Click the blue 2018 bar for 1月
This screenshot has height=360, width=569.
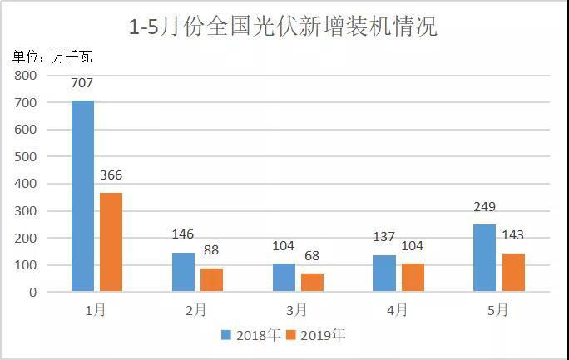[82, 196]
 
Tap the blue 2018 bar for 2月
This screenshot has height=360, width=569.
[183, 272]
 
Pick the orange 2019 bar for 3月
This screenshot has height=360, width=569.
[312, 283]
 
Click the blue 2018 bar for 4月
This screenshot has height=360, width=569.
[384, 274]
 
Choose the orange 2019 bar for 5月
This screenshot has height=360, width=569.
[513, 272]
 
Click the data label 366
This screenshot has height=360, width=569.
[111, 175]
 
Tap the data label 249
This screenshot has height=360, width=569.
[484, 207]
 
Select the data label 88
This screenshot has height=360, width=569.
[212, 251]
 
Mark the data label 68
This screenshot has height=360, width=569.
[313, 256]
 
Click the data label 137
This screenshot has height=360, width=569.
[384, 238]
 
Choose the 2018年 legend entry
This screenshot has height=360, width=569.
[250, 335]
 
